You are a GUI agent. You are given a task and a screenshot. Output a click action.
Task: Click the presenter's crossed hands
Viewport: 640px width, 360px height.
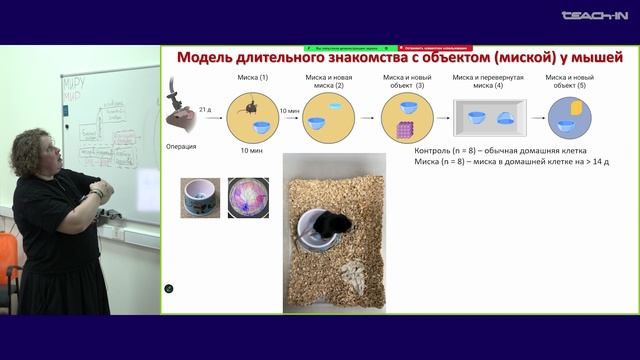pyautogui.click(x=100, y=191)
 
